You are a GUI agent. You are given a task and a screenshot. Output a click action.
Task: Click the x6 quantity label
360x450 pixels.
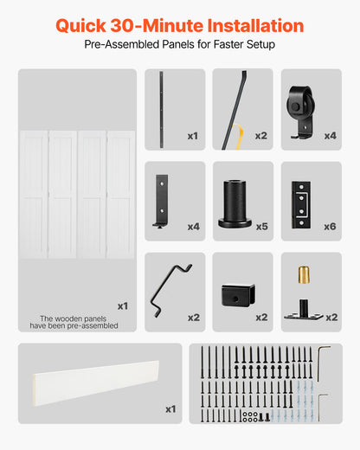tap(330, 227)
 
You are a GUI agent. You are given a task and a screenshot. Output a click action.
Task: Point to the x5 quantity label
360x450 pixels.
tap(261, 227)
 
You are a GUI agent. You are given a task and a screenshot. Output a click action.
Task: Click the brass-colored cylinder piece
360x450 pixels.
tap(304, 273)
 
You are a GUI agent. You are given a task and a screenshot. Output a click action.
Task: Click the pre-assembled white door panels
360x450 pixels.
tap(77, 193)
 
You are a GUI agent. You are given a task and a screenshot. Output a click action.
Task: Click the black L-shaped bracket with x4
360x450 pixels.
tap(162, 201)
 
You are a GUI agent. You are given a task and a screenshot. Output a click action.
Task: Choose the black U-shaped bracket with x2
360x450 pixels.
tap(235, 294)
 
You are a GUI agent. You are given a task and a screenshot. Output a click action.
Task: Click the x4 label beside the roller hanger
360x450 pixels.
tap(330, 136)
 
